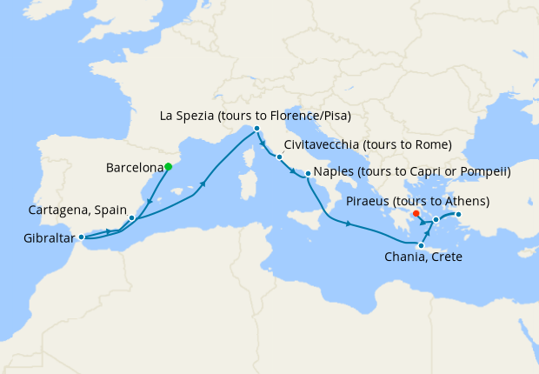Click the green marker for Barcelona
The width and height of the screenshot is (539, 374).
click(168, 166)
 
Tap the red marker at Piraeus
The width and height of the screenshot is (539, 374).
click(416, 213)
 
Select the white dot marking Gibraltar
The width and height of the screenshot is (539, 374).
click(81, 237)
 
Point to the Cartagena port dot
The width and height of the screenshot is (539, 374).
click(131, 217)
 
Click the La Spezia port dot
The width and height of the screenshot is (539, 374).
click(256, 129)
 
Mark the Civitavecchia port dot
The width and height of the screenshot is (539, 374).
click(278, 157)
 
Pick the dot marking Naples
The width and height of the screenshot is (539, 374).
click(308, 174)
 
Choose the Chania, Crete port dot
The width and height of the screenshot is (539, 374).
click(421, 245)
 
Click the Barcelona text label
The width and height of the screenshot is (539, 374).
click(134, 167)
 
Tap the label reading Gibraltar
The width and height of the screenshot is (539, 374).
click(41, 237)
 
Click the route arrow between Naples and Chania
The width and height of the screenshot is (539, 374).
click(348, 224)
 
